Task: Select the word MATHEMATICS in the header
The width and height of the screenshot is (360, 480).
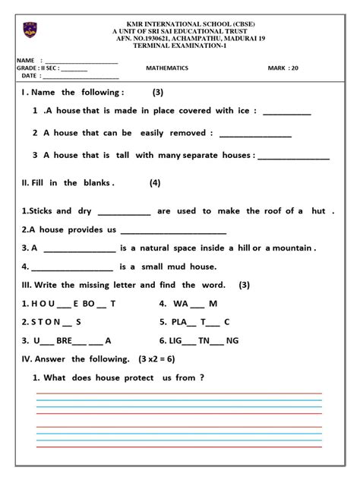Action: (x=167, y=68)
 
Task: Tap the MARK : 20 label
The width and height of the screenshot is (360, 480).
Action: (x=283, y=68)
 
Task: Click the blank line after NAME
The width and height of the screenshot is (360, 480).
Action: (x=82, y=61)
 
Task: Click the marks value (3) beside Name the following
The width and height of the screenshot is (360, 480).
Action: (x=158, y=93)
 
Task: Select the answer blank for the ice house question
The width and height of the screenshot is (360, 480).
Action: (x=287, y=112)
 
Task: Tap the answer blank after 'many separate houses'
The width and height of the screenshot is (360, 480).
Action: (x=294, y=156)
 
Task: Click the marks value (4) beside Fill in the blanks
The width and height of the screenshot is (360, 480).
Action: (x=155, y=183)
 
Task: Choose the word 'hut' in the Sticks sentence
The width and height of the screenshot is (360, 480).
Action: (x=318, y=211)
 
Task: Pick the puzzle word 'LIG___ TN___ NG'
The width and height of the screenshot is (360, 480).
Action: (x=201, y=340)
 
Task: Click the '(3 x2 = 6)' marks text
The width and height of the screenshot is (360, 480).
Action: (x=161, y=358)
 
